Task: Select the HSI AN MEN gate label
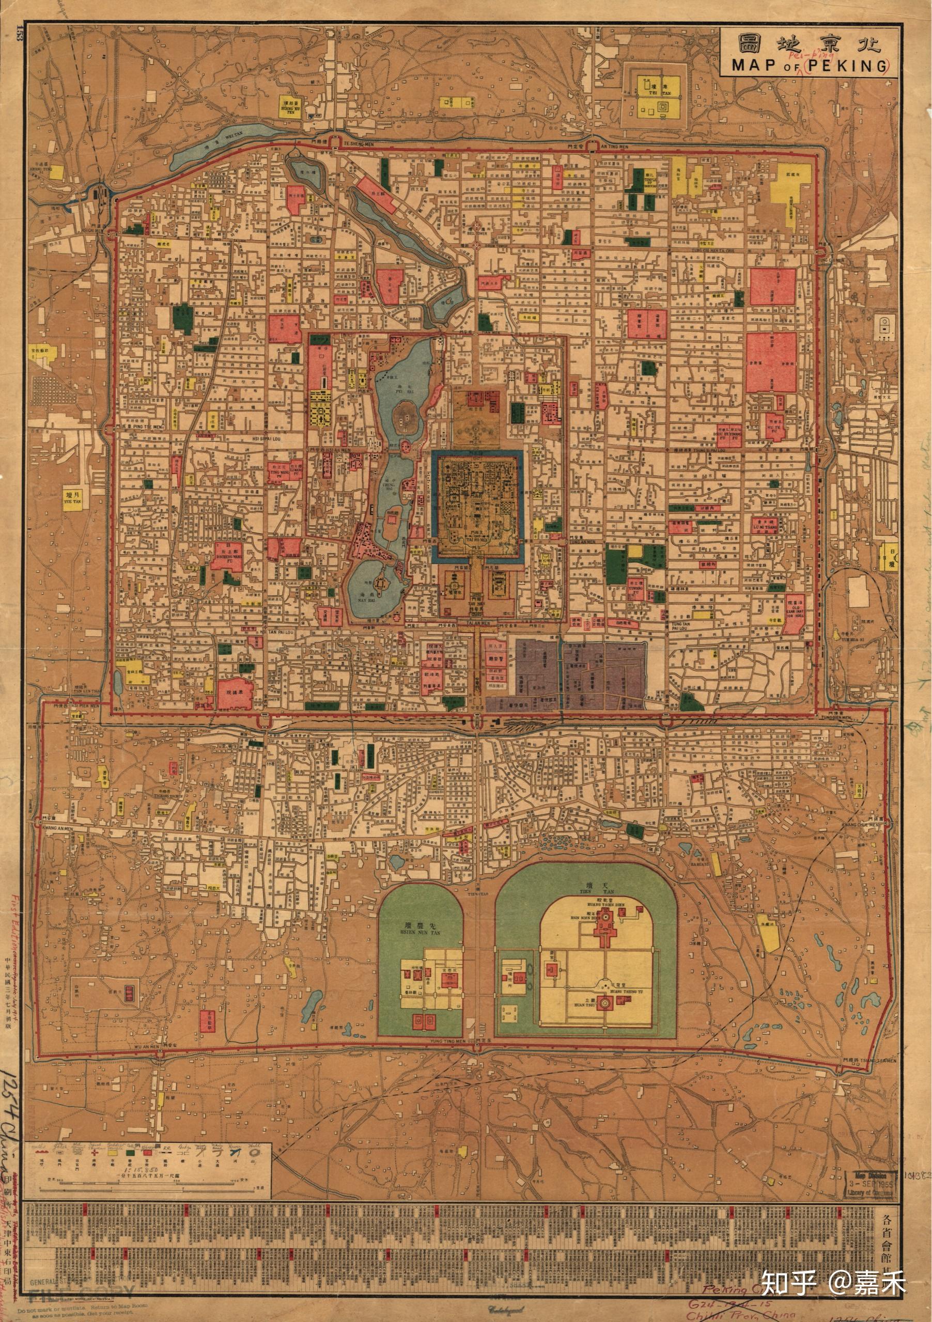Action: (x=337, y=450)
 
